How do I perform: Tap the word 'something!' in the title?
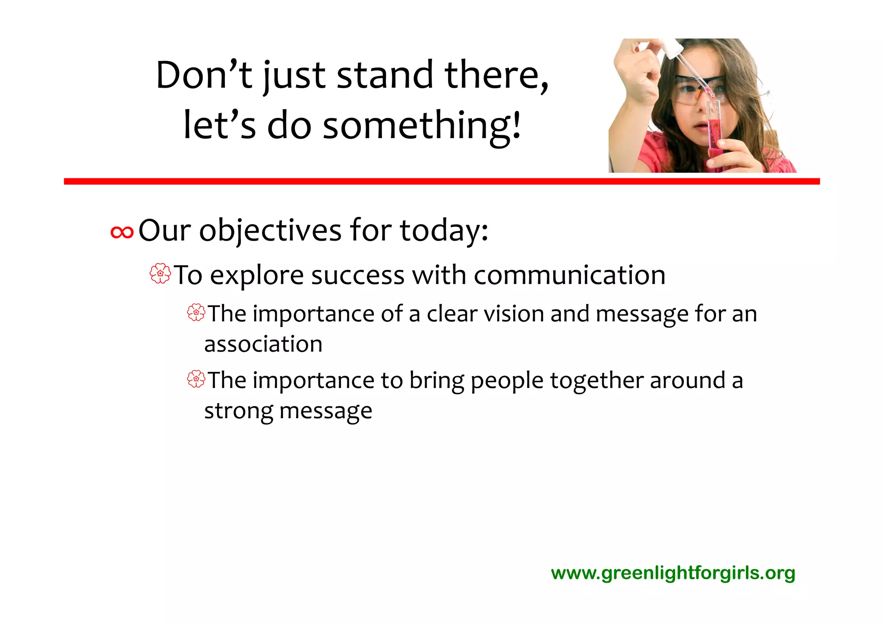422,126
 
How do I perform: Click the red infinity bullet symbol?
122,232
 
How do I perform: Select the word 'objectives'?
270,231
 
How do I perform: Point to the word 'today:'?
444,231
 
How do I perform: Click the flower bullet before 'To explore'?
160,274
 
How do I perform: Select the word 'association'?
263,344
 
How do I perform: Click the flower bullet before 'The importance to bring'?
196,379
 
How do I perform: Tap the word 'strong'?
238,411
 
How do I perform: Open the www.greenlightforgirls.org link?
673,573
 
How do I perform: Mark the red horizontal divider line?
442,181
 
